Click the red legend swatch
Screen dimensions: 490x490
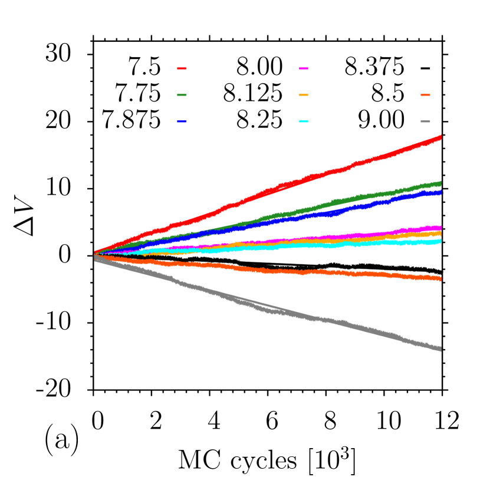[x=182, y=68]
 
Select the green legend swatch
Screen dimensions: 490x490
[x=182, y=95]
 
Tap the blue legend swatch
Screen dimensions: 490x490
[x=182, y=121]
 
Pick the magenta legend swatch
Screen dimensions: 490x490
[x=303, y=68]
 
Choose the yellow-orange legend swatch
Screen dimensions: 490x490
[x=303, y=95]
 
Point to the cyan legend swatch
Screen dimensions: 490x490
[x=303, y=121]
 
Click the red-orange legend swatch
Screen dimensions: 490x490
[x=425, y=95]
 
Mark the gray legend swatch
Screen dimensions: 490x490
[x=425, y=121]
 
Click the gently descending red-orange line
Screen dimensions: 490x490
[x=295, y=272]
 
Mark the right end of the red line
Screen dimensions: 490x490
[x=440, y=137]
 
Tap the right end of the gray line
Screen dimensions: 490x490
[x=440, y=349]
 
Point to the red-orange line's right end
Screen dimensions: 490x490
[x=440, y=279]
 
